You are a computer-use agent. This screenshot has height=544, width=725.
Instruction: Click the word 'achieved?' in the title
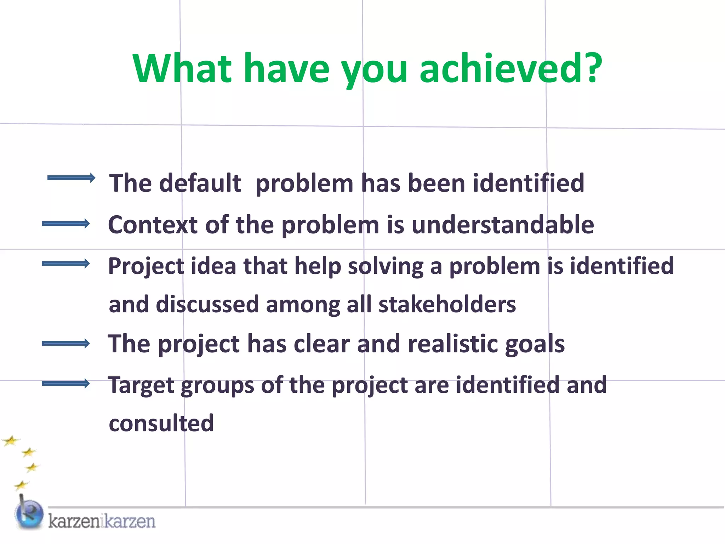tap(510, 68)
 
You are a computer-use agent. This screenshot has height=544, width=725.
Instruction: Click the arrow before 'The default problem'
tap(71, 178)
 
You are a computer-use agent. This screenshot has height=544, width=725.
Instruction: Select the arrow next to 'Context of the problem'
tap(66, 223)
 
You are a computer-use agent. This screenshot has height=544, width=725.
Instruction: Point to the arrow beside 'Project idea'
tap(66, 263)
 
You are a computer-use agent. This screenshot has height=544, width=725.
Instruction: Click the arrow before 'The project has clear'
tap(66, 343)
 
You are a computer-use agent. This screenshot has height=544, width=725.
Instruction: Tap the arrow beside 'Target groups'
tap(66, 384)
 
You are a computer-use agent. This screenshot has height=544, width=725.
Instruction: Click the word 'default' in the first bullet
tap(200, 183)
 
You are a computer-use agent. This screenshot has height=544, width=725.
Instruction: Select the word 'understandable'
tap(503, 225)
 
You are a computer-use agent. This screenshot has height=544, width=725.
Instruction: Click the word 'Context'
tap(153, 225)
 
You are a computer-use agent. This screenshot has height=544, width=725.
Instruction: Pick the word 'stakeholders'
tap(447, 305)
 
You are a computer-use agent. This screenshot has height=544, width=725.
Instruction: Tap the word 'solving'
tap(386, 266)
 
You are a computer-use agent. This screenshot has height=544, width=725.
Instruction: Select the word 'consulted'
tap(161, 423)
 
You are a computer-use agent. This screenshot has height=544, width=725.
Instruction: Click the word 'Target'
tap(141, 385)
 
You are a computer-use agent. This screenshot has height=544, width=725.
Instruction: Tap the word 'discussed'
tap(207, 305)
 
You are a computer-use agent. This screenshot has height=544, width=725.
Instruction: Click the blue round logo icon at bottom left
tap(29, 515)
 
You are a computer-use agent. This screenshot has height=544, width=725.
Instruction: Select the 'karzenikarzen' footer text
tap(102, 521)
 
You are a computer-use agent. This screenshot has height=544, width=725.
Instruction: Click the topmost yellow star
tap(11, 441)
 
